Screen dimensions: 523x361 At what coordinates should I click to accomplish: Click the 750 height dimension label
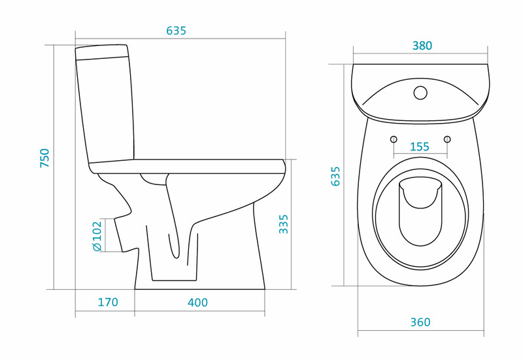(44, 158)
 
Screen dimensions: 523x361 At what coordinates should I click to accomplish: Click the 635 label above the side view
(176, 31)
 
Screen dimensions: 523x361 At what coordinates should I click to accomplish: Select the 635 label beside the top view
(335, 176)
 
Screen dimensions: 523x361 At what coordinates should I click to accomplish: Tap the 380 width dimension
(422, 46)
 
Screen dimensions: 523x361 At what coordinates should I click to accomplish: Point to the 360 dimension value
(420, 322)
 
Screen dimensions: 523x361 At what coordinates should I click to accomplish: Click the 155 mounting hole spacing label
(420, 146)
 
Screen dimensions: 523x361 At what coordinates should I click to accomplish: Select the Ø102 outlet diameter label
(97, 236)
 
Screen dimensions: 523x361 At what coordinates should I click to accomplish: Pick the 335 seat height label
(283, 224)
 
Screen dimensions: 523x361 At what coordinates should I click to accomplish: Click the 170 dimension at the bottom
(108, 302)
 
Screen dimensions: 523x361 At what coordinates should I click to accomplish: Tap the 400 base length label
(197, 303)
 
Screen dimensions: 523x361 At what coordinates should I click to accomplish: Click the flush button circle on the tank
(420, 93)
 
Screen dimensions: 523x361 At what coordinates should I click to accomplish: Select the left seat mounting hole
(394, 139)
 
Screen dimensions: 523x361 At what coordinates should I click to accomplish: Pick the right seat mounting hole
(447, 139)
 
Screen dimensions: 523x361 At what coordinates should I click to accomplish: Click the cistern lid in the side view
(102, 52)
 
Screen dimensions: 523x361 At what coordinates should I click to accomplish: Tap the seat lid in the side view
(188, 166)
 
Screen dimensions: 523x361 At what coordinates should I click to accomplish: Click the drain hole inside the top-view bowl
(420, 212)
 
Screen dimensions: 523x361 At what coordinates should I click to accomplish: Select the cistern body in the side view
(105, 110)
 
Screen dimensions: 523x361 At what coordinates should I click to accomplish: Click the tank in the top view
(420, 92)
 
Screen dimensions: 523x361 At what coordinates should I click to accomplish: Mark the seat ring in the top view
(420, 215)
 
